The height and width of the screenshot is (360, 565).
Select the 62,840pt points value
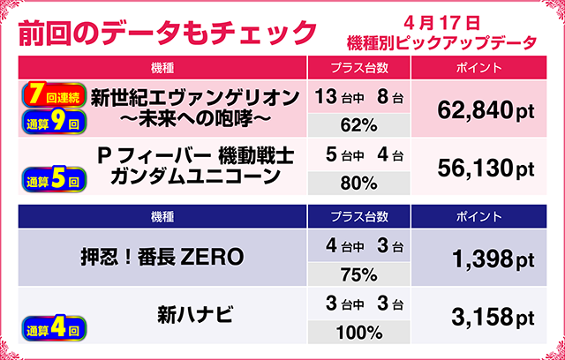point(486,109)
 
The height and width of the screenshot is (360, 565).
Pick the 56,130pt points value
point(486,168)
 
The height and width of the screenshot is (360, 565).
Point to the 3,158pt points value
point(486,316)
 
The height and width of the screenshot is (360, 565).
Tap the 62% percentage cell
point(358,124)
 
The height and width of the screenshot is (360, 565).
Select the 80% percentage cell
point(358,182)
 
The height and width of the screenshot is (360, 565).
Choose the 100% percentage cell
point(358,332)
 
